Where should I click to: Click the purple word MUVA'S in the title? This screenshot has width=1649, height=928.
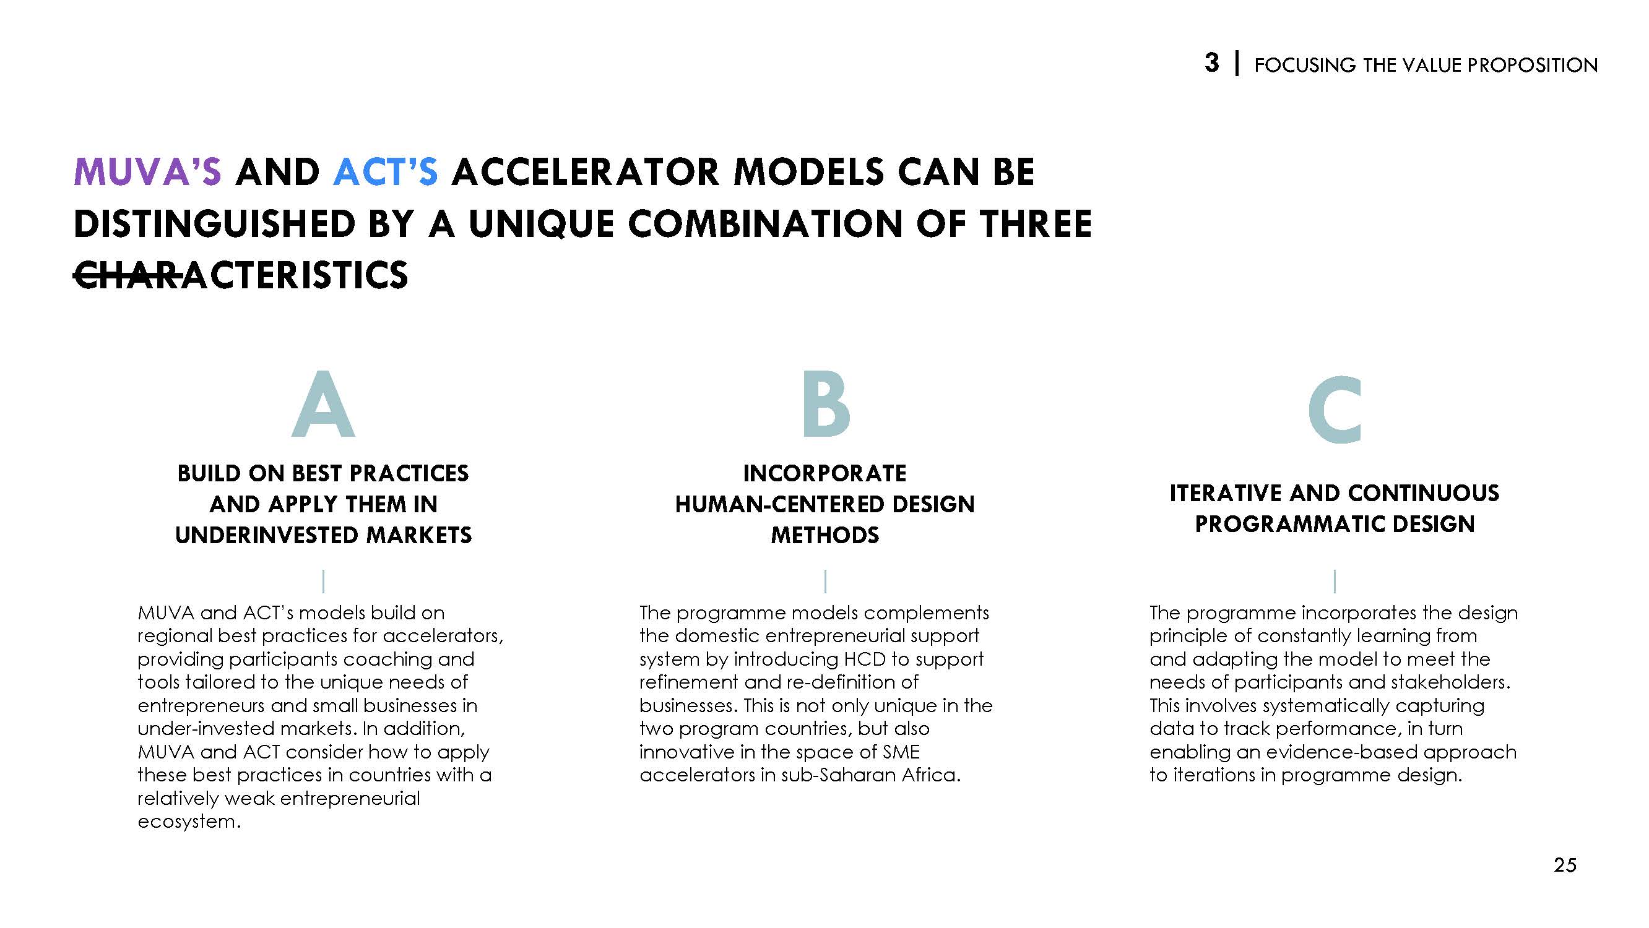(x=148, y=171)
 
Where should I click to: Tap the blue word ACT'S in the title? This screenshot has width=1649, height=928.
(x=386, y=171)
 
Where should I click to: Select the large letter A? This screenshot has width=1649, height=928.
(x=323, y=405)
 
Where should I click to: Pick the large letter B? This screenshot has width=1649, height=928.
(x=826, y=405)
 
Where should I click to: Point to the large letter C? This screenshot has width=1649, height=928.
(x=1335, y=410)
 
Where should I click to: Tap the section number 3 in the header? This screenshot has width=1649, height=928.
(x=1212, y=63)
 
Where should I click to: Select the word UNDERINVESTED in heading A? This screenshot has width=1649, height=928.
(x=259, y=535)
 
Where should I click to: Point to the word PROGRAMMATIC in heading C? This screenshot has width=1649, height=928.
(x=1287, y=525)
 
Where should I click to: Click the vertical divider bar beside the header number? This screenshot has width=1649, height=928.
(x=1237, y=64)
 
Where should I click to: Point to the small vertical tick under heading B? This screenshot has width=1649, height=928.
(x=825, y=581)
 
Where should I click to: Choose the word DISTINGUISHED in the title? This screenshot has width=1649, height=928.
(x=214, y=224)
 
